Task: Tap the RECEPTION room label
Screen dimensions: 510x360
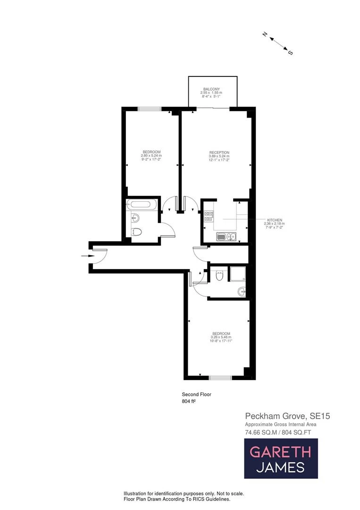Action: coord(219,152)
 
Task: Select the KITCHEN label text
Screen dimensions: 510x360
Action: coord(275,220)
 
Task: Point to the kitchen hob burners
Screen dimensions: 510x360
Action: coord(209,216)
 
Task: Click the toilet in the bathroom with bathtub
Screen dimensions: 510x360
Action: coord(137,232)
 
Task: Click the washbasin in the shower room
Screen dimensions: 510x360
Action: coord(242,291)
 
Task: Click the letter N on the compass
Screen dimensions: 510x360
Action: coord(266,34)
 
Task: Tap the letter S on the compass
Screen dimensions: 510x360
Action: coord(290,52)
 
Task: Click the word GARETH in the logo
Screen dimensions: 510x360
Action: coord(280,451)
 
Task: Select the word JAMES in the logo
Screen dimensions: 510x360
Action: coord(280,467)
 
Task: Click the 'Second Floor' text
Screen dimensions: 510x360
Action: coord(193,394)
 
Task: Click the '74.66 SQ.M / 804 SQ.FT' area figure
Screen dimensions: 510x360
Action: coord(277,432)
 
